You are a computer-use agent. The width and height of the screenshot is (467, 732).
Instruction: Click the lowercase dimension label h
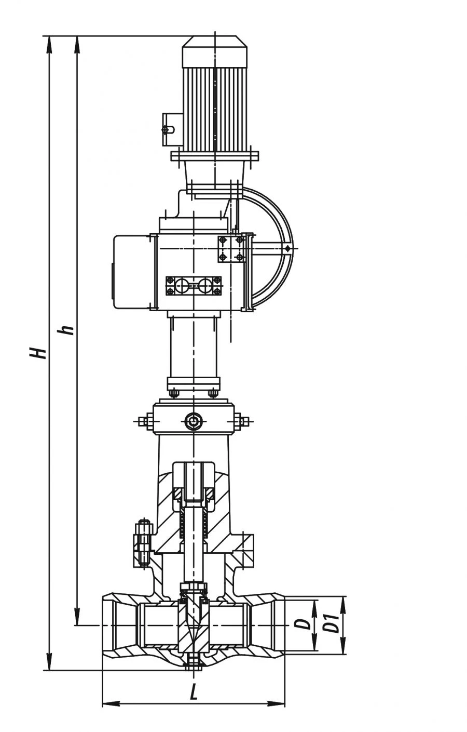tap(65, 330)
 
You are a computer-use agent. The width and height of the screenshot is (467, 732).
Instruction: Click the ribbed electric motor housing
tap(214, 107)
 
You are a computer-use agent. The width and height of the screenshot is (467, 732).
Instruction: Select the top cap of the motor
tap(214, 51)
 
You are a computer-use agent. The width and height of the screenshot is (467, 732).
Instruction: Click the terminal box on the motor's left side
tap(172, 129)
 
